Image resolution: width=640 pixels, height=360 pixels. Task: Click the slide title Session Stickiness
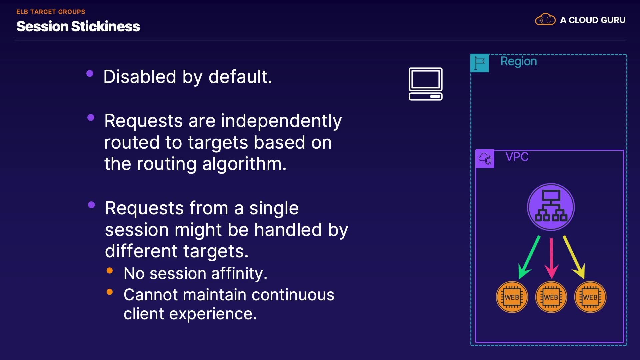click(78, 26)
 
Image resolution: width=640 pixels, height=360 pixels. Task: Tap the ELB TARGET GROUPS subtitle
click(51, 12)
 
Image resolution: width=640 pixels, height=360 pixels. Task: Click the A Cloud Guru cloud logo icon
click(545, 19)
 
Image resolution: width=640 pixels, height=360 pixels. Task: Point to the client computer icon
click(426, 84)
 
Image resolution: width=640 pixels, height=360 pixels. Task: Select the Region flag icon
click(479, 63)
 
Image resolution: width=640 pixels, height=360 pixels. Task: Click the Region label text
click(519, 62)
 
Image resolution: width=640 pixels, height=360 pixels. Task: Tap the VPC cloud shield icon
click(485, 159)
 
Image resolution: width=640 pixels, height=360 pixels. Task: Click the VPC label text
click(517, 157)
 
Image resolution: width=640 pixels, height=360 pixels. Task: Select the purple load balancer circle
click(551, 207)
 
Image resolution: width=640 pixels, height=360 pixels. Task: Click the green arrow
click(529, 258)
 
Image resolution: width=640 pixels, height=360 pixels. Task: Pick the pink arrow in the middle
click(551, 258)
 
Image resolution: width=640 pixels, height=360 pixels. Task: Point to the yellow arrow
click(574, 257)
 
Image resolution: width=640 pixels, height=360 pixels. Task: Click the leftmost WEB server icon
click(512, 297)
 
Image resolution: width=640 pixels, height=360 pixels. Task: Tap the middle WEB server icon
click(551, 297)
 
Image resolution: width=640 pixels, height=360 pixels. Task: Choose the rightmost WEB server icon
click(590, 297)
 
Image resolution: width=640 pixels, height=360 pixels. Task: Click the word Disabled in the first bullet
click(140, 77)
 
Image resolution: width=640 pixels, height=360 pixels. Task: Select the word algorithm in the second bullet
click(244, 164)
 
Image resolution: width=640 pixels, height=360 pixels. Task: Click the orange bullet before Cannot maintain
click(110, 292)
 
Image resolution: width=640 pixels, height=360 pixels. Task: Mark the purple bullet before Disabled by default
click(90, 73)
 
